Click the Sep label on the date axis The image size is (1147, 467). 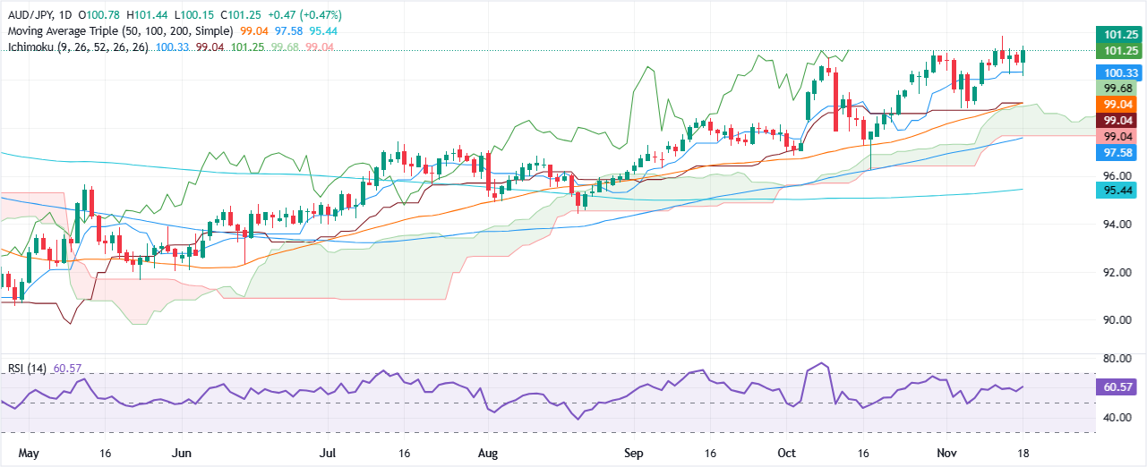(x=634, y=454)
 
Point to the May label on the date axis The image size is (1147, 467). (x=19, y=454)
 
